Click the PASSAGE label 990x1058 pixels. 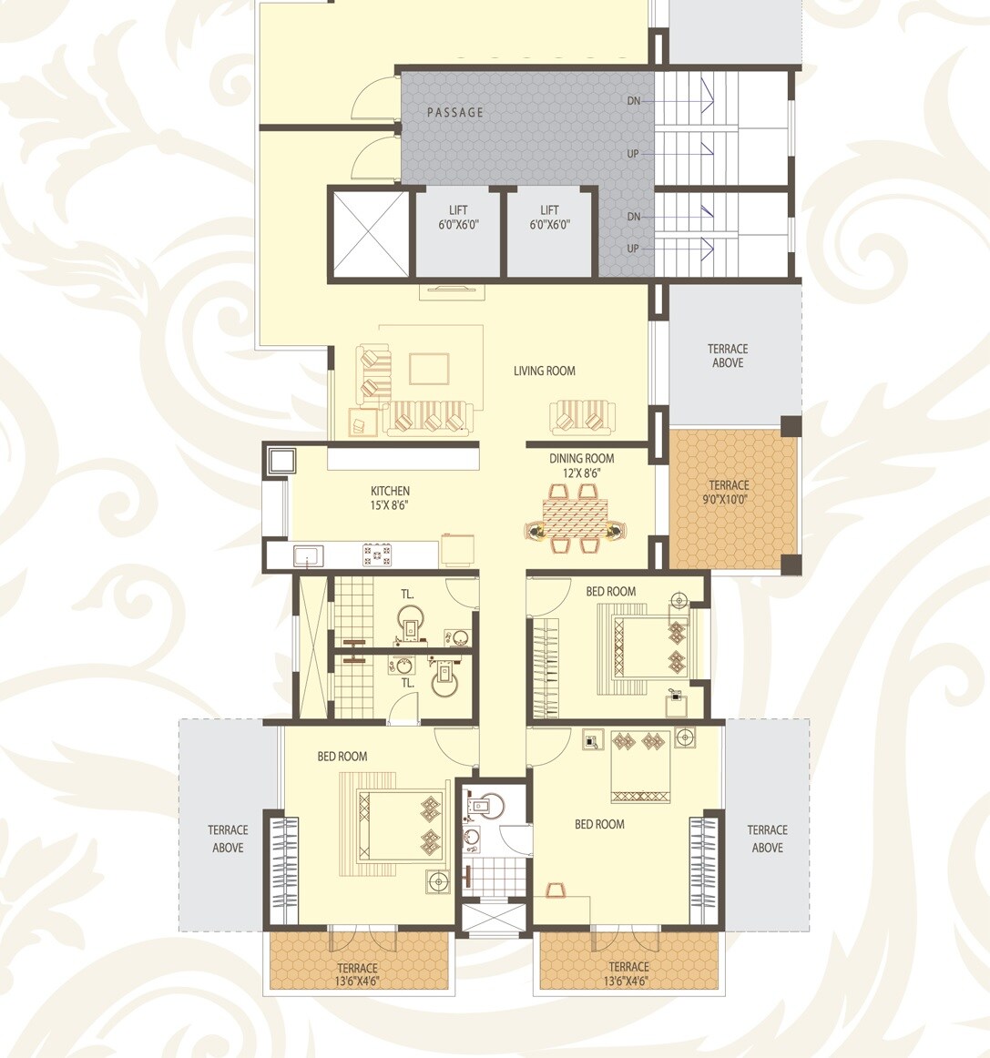point(455,113)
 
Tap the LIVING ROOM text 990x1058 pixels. point(544,371)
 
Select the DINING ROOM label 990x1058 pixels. point(581,459)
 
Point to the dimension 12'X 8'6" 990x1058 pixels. point(581,473)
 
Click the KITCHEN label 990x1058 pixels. point(390,491)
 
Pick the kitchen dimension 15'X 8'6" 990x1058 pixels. point(390,504)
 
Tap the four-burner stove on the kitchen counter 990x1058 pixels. point(376,554)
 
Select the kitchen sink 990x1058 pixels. point(307,554)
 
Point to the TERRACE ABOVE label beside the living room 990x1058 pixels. point(728,356)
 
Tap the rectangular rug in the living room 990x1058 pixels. point(429,369)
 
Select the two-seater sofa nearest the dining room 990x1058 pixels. point(579,419)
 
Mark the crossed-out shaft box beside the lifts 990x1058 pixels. point(370,234)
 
